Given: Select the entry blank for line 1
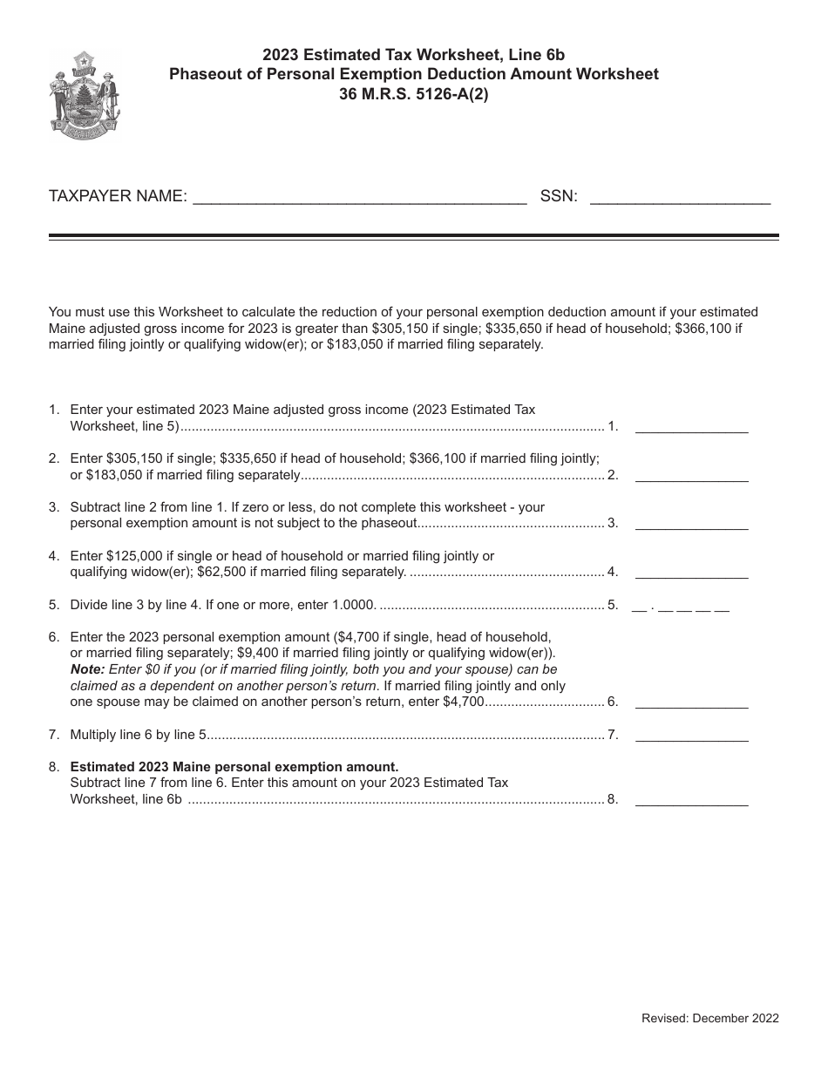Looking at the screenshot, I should tap(691, 427).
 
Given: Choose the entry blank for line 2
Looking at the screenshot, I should tap(691, 476).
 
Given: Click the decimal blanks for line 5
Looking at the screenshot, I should tap(680, 605).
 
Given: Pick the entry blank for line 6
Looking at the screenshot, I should tap(691, 702).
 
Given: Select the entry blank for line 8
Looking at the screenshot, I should tap(691, 799).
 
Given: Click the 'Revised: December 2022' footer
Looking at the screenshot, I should tap(709, 1018).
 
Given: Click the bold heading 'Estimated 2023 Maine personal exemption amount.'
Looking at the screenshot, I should tap(234, 767).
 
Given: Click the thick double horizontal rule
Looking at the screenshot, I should tap(414, 237).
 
